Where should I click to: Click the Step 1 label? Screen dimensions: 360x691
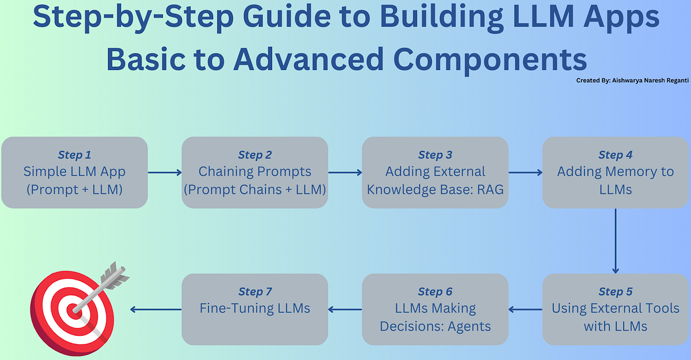74,155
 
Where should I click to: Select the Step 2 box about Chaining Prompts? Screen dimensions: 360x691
255,172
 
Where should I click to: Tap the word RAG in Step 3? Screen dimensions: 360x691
489,188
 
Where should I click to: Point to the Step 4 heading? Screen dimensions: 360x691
615,155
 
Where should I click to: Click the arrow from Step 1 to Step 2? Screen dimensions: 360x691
165,172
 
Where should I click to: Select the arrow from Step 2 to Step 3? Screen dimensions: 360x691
345,172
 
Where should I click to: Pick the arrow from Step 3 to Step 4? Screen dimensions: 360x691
525,172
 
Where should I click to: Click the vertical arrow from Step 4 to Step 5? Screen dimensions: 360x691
615,240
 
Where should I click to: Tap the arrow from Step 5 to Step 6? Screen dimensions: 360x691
525,309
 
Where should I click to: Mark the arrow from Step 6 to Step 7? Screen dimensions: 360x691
345,309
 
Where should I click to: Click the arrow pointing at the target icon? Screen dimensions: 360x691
155,309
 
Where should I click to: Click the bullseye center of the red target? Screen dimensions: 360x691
74,312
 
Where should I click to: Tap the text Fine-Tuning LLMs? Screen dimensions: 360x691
255,308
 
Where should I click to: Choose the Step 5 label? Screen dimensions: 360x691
615,291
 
